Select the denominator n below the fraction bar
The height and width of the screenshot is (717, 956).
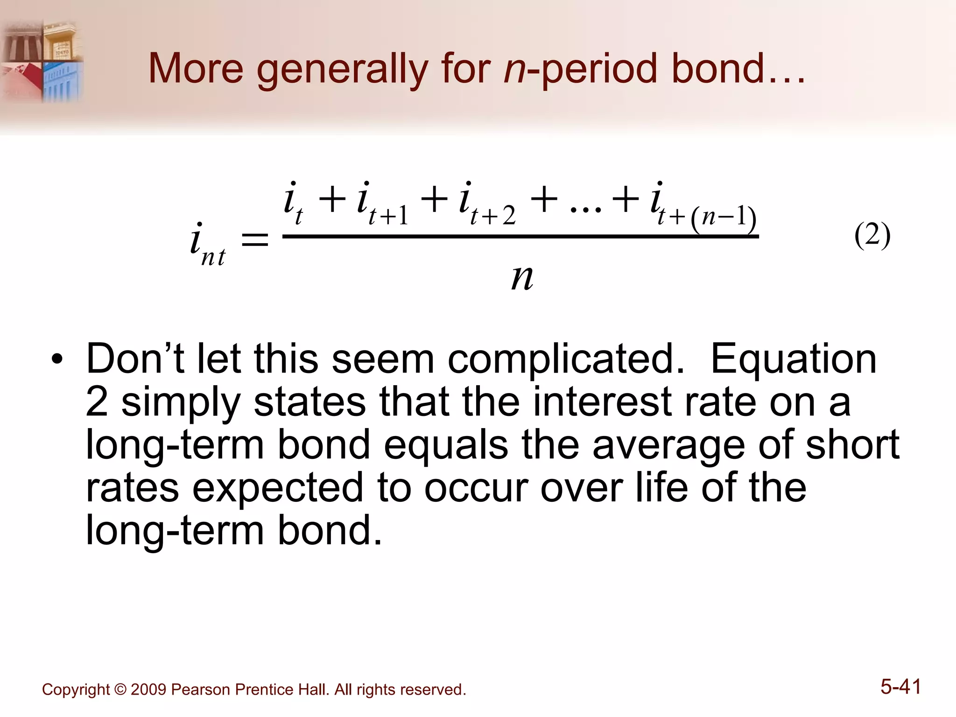[522, 277]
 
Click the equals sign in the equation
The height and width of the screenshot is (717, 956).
[254, 240]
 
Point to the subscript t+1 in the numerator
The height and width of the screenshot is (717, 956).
[388, 216]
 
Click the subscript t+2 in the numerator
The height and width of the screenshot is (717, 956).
[493, 216]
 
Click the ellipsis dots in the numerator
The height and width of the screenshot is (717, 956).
[586, 208]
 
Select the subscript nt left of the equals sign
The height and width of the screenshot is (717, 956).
[213, 257]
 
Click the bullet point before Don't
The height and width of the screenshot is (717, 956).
[57, 360]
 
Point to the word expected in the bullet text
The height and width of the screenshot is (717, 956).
[278, 488]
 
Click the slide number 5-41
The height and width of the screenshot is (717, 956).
[900, 687]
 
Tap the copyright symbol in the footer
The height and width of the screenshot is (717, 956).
[120, 689]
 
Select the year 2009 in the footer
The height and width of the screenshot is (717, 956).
[148, 689]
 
